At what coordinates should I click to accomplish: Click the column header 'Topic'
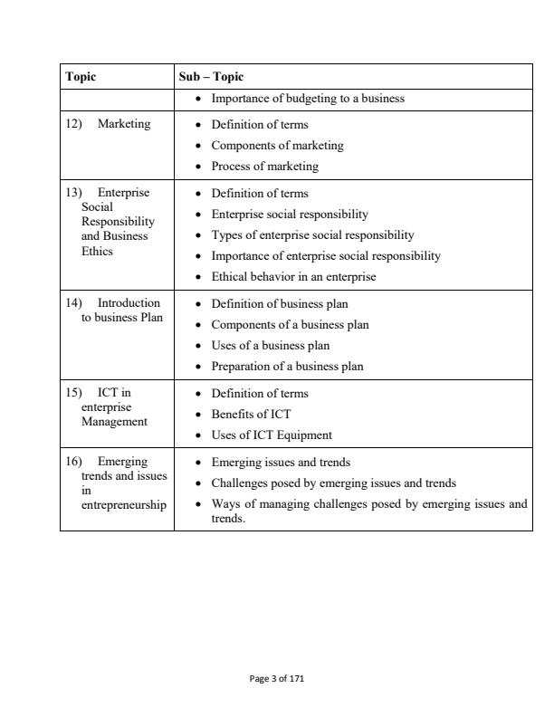point(81,77)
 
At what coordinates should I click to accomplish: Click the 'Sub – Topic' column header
point(205,77)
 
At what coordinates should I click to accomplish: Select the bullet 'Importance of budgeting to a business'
point(307,99)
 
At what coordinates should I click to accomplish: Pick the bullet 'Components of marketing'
point(277,145)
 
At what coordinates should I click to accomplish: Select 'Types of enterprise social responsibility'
point(312,234)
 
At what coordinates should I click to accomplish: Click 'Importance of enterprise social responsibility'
point(326,255)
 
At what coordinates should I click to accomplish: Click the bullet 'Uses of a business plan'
point(270,345)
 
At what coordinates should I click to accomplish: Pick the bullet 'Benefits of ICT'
point(251,415)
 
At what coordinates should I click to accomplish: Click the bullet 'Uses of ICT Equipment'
point(272,435)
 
